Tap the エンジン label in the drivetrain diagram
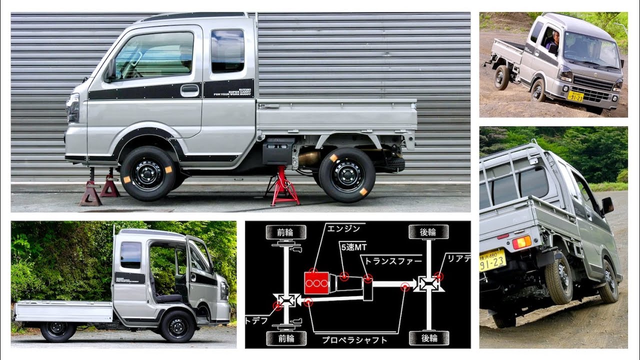343,228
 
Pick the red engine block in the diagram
316,283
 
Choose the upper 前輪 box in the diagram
285,232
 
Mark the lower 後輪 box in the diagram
428,338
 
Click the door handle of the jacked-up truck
189,90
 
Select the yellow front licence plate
575,96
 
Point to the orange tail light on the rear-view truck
521,242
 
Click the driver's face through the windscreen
555,37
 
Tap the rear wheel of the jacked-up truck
346,174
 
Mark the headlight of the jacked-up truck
73,107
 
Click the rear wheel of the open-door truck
58,330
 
